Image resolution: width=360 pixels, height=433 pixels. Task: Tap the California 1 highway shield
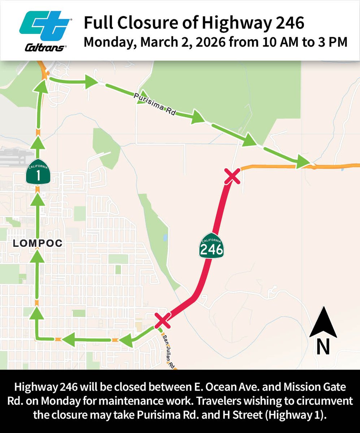coord(38,171)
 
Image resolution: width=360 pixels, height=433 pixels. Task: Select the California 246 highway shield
coord(212,245)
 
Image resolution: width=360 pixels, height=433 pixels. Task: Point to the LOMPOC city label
coord(38,244)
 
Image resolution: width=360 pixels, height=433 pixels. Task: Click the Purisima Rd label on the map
coord(154,104)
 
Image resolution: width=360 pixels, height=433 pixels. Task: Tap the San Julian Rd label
coord(169,351)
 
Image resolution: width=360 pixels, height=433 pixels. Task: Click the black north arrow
coord(323,322)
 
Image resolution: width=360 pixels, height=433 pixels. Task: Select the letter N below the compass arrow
coord(323,347)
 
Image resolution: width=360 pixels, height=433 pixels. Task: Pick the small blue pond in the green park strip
coord(165,238)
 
